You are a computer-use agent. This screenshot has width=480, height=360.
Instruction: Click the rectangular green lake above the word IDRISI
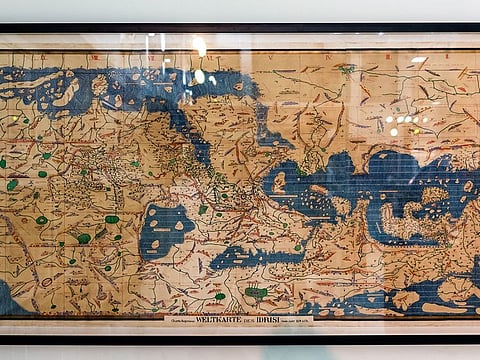pos(257,293)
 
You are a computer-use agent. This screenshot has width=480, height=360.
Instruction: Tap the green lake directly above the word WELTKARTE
pos(220,296)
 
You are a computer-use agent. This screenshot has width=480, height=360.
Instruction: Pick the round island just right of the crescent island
pos(99,85)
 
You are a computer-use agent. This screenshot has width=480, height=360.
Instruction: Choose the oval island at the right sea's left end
pos(279,182)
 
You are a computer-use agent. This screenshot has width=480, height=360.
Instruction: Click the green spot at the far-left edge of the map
pos(3,163)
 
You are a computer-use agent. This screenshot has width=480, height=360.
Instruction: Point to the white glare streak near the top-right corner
pos(418,60)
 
